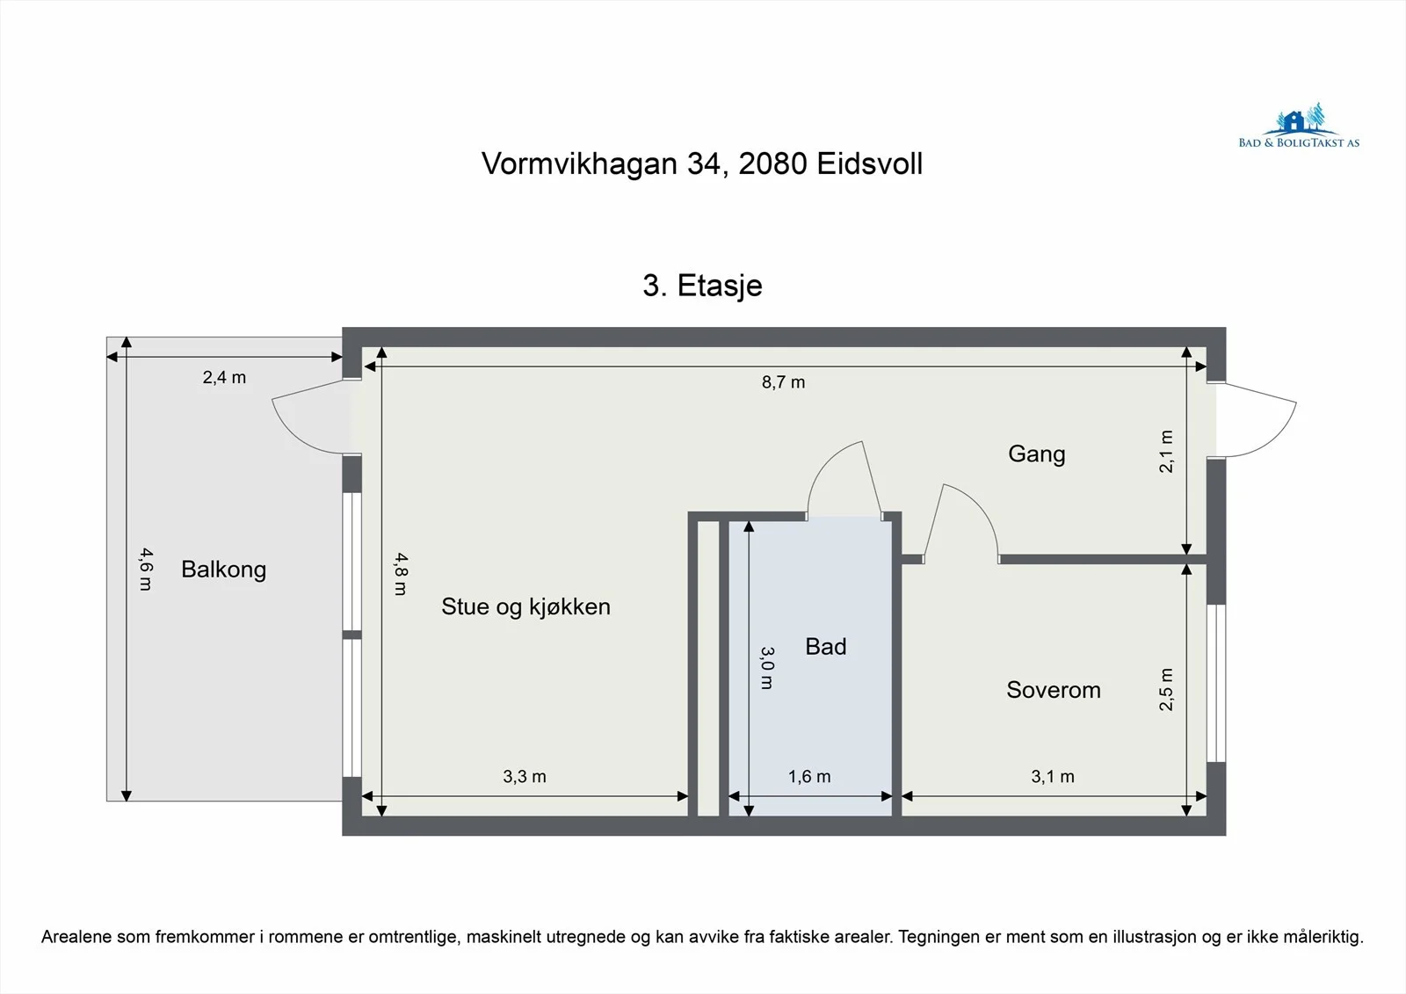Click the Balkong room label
pos(223,570)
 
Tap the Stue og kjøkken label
pos(525,606)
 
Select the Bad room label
pos(825,647)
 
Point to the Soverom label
pos(1054,690)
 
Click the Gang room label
pos(1036,454)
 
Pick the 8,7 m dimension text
pos(783,382)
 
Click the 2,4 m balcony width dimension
pos(224,377)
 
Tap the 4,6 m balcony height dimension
pos(146,570)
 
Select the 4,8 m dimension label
pos(401,574)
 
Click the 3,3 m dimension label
pos(524,777)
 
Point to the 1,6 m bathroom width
pos(809,777)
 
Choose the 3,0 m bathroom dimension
pos(767,668)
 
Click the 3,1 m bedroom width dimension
pos(1053,777)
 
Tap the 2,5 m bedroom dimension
pos(1165,689)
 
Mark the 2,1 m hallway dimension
pos(1165,452)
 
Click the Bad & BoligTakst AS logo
pos(1299,126)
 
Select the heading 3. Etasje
pos(702,286)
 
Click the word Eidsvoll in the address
pos(869,163)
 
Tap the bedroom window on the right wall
pos(1216,683)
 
